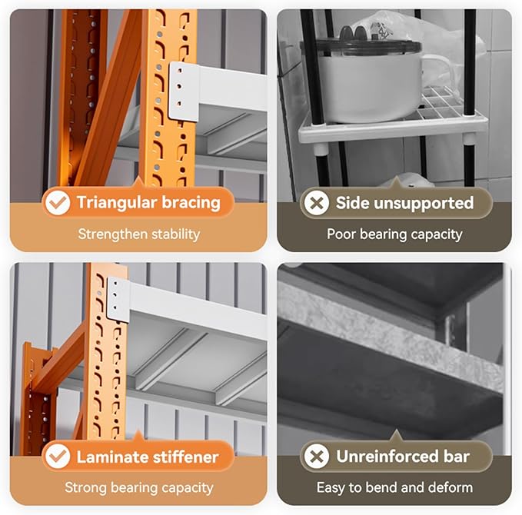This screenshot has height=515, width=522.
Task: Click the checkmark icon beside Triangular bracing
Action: tap(58, 202)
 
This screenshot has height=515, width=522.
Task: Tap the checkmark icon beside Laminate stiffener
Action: tap(58, 456)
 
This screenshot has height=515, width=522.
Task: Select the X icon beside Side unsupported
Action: tap(316, 202)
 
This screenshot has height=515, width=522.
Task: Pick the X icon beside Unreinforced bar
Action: tap(316, 456)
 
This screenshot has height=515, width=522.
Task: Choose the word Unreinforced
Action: tap(387, 457)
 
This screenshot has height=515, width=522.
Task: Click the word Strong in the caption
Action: tap(86, 488)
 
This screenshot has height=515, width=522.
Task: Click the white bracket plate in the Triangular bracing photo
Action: tap(184, 91)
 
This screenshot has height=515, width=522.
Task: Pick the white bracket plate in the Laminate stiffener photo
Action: tap(118, 300)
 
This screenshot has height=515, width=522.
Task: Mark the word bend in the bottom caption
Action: tap(382, 487)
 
